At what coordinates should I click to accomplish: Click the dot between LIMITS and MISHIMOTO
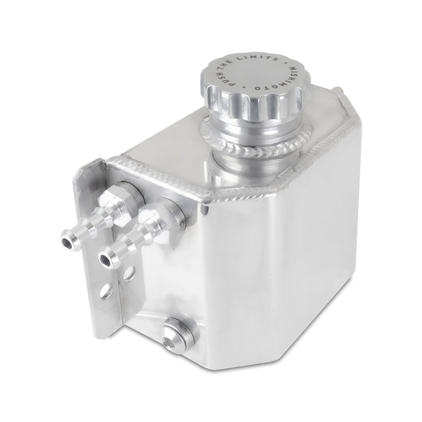tap(283, 61)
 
